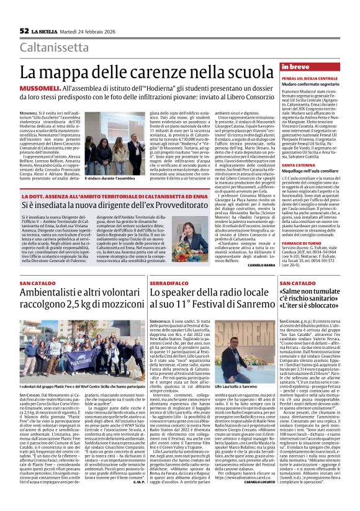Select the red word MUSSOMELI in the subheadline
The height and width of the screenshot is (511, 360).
pyautogui.click(x=37, y=89)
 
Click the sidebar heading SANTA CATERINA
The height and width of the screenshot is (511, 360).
pyautogui.click(x=281, y=165)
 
